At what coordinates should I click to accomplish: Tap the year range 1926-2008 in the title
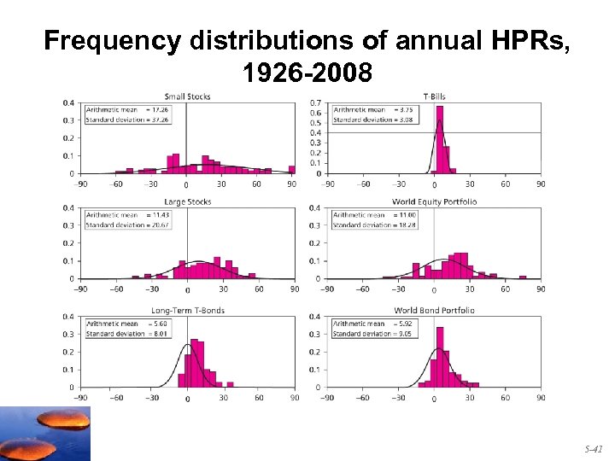coord(307,73)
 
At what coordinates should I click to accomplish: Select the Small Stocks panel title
coord(186,96)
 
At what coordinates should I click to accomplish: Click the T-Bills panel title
coord(433,96)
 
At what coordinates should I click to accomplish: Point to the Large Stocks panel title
coord(186,201)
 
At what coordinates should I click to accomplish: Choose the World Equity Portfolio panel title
coord(434,201)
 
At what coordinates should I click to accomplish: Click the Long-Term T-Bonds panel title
coord(186,310)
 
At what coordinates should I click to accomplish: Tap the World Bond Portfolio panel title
coord(434,310)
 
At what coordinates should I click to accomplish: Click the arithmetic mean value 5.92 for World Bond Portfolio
coord(405,324)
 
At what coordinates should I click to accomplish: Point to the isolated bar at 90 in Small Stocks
coord(291,169)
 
